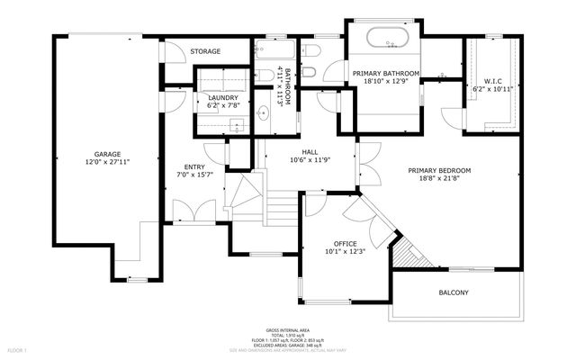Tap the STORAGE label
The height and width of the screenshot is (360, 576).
pos(205,51)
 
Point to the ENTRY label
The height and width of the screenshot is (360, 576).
pos(194,166)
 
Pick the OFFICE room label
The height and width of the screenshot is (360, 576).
pos(346,243)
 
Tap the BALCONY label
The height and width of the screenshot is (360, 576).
pos(454,292)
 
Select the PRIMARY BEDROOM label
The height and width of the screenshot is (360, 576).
pos(439,170)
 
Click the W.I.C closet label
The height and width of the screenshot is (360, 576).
pos(491,81)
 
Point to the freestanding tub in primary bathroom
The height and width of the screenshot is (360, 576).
pos(386,40)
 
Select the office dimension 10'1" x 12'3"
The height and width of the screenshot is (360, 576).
pos(346,251)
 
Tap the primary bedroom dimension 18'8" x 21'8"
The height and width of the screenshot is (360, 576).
pos(439,179)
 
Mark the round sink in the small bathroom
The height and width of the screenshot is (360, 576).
pos(263,114)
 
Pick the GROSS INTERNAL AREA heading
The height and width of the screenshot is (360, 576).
pos(287,329)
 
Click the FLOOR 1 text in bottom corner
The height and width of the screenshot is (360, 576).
pos(18,349)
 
